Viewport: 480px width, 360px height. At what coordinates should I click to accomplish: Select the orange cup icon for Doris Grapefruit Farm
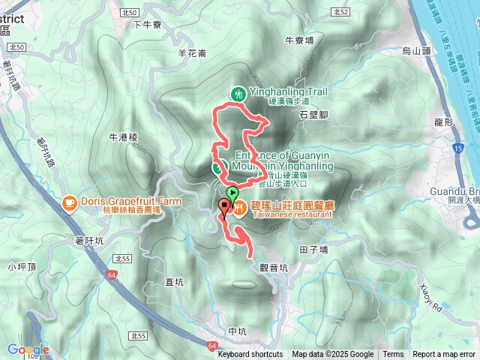(x=69, y=202)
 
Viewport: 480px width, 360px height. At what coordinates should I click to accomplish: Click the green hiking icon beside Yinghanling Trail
(x=238, y=94)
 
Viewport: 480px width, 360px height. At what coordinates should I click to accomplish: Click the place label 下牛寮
(x=147, y=24)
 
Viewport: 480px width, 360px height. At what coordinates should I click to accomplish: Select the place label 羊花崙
(x=192, y=53)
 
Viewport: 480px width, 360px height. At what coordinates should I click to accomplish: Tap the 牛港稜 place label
(x=124, y=137)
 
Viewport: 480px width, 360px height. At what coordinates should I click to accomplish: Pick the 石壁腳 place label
(x=313, y=115)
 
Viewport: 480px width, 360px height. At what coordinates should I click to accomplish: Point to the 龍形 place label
(x=445, y=121)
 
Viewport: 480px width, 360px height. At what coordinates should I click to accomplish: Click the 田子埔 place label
(x=313, y=250)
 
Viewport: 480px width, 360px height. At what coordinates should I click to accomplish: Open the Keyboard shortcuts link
(x=250, y=355)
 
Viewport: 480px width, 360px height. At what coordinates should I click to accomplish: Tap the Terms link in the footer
(x=393, y=355)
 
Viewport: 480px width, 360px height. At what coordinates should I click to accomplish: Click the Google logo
(x=28, y=349)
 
